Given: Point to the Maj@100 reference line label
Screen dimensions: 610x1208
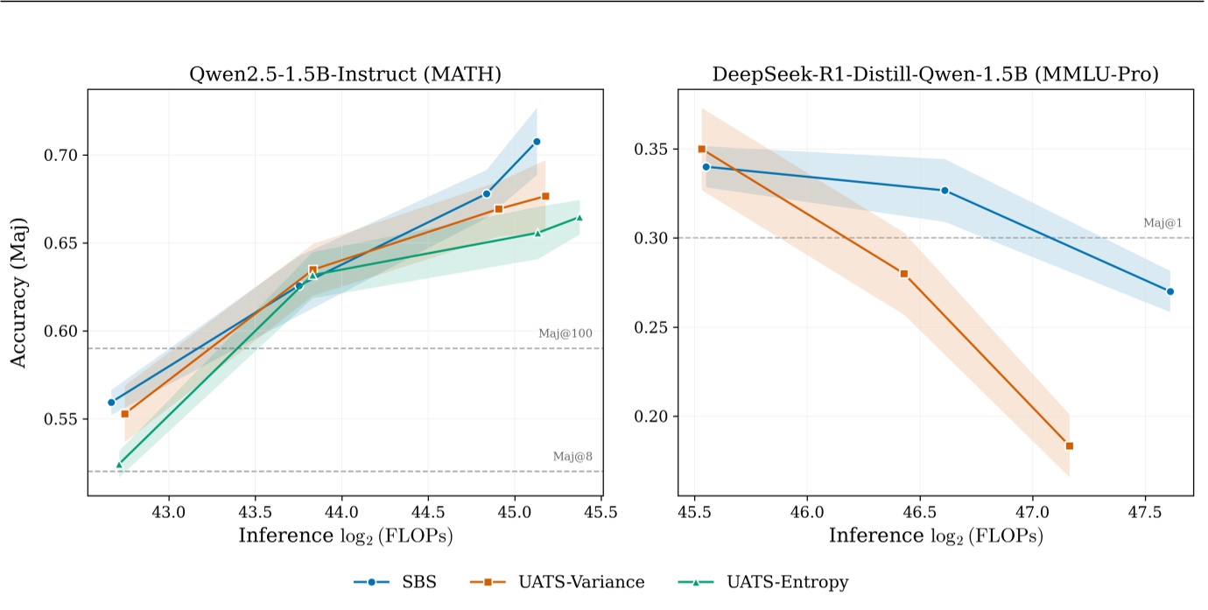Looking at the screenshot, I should [565, 333].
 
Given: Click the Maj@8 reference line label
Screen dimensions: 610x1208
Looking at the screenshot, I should [572, 457].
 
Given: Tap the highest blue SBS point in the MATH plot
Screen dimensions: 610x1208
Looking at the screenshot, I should [537, 141].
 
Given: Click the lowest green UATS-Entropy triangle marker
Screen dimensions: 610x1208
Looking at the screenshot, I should [119, 464].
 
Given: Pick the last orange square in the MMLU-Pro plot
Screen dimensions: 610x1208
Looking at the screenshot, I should [1069, 445].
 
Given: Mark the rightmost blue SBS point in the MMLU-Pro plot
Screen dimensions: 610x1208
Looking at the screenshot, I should [1169, 291].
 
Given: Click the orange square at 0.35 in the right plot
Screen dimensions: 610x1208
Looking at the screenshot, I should [701, 149].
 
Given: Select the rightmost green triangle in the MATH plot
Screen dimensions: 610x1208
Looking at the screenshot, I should [579, 218].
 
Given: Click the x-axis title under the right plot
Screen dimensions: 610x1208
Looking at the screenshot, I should [936, 536].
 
